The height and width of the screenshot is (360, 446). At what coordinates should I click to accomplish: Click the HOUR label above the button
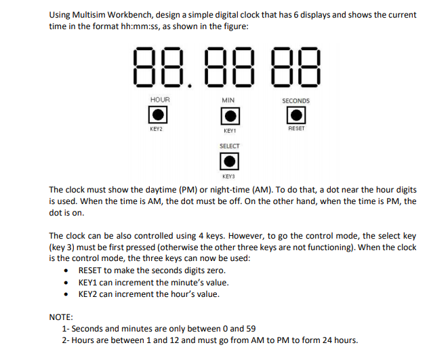pyautogui.click(x=160, y=100)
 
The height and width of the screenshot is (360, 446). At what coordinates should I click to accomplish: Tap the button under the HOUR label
pyautogui.click(x=159, y=115)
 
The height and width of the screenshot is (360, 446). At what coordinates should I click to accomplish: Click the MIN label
pyautogui.click(x=228, y=100)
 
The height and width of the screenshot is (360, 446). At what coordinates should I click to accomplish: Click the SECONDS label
pyautogui.click(x=296, y=100)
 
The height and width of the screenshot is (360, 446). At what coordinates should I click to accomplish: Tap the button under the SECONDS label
pyautogui.click(x=296, y=115)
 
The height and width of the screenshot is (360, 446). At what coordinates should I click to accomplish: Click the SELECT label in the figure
pyautogui.click(x=229, y=146)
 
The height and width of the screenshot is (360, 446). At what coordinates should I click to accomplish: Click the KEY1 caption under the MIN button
pyautogui.click(x=228, y=130)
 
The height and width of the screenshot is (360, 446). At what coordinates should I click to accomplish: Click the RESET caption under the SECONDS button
pyautogui.click(x=296, y=128)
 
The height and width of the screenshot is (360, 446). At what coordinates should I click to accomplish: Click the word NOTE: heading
pyautogui.click(x=62, y=317)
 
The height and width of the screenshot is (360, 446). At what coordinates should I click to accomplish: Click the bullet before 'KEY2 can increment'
pyautogui.click(x=65, y=294)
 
